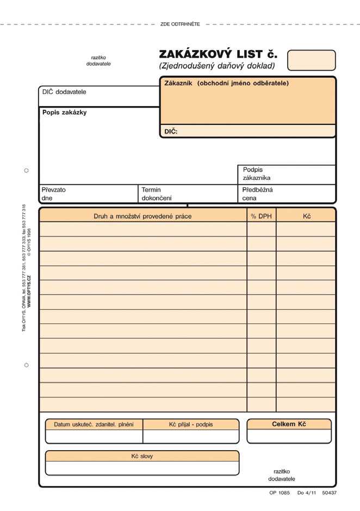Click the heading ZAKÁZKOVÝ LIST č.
coord(218,54)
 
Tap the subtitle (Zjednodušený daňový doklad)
coord(217,66)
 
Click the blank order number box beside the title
coord(311,60)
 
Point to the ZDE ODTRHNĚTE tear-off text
coord(180,24)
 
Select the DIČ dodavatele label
coord(64,92)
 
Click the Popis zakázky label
coord(64,113)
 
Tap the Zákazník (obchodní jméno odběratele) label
coord(226,83)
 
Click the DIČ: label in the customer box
coord(171,131)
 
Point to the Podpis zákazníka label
coord(256,173)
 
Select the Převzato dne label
coord(53,194)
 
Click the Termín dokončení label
coord(156,194)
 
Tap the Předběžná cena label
coord(257,194)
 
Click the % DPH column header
coord(261,216)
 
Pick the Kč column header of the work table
coord(306,216)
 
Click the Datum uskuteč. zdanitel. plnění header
coord(94,424)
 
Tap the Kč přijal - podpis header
coord(191,424)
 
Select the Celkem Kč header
coord(289,424)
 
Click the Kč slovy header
coord(142,456)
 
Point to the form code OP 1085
coord(280,493)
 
